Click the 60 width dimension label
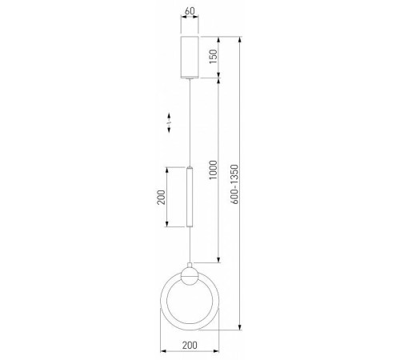point(190,11)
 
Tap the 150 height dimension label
point(213,57)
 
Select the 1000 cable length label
point(213,170)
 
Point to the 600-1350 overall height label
point(234,184)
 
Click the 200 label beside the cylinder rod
point(161,197)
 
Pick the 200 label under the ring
point(190,345)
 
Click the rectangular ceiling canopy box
point(190,57)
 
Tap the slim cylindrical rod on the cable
point(190,197)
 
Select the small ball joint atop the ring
point(190,277)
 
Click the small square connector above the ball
point(190,265)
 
